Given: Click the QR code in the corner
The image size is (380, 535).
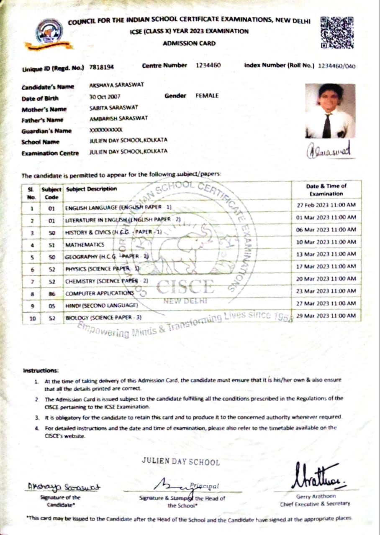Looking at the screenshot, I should (336, 32).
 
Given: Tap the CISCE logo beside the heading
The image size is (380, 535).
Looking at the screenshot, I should (50, 34).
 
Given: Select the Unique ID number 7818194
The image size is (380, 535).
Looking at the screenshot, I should (102, 66).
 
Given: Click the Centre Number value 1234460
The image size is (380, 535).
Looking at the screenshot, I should (208, 65).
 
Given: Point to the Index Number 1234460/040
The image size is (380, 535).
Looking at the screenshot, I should (337, 66).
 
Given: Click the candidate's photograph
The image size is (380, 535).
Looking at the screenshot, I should (330, 111).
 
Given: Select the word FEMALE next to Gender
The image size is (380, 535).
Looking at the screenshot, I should (207, 96).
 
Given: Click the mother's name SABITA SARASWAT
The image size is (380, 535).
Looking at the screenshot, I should (114, 107).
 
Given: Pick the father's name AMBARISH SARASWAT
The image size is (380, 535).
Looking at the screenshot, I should (118, 118).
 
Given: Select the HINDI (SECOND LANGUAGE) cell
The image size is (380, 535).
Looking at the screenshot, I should (102, 306).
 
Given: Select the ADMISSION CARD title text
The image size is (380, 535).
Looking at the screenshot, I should (189, 43).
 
